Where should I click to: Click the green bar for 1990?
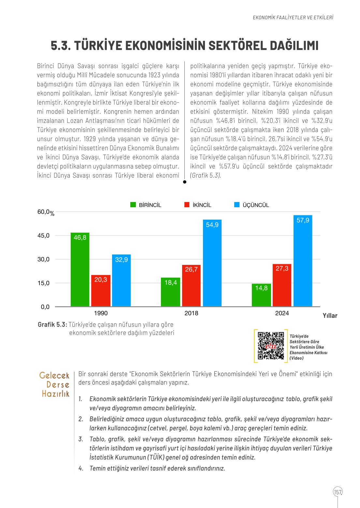(x=80, y=269)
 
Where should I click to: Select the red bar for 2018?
(x=191, y=286)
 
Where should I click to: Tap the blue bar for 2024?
(x=303, y=261)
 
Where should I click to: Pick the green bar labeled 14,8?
(x=261, y=295)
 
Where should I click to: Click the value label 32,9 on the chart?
(x=122, y=260)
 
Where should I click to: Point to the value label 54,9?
(x=212, y=225)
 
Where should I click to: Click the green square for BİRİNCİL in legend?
(x=133, y=205)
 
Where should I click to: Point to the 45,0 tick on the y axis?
(x=43, y=236)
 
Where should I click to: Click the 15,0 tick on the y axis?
(x=43, y=283)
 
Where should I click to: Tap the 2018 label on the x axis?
(x=191, y=313)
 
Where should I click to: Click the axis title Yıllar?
(x=330, y=316)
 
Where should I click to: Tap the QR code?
(x=271, y=345)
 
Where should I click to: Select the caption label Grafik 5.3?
(x=52, y=325)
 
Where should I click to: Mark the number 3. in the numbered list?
(x=81, y=439)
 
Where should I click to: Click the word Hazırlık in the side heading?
(x=56, y=394)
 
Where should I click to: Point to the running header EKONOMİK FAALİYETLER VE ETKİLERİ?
(x=293, y=18)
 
